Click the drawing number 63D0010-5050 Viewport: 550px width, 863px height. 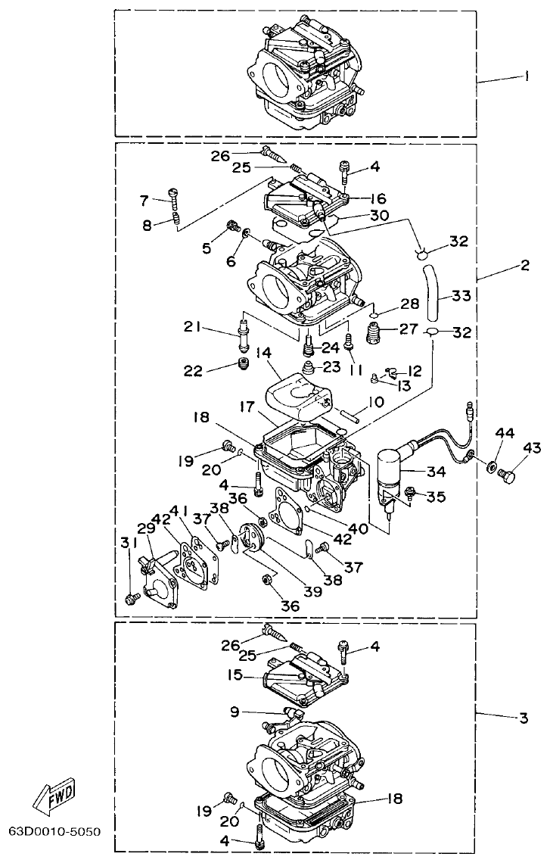(54, 830)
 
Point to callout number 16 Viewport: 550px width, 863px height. (378, 199)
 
